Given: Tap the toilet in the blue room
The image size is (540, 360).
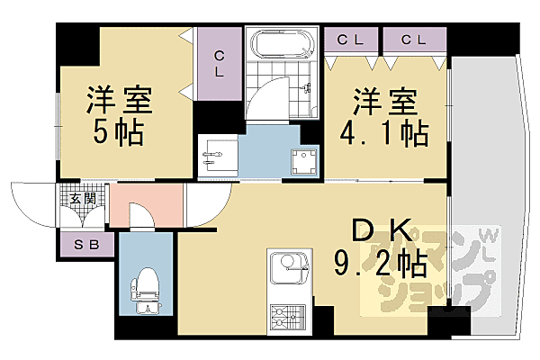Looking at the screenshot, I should [143, 293].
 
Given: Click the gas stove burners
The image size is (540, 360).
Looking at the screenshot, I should [289, 316].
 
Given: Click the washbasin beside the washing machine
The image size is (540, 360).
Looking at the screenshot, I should [217, 155].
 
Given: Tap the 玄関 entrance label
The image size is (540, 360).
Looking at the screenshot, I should [84, 196].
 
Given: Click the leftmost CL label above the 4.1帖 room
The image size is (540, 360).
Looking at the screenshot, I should [350, 40].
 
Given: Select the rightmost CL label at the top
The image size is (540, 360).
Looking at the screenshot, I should [413, 40].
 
